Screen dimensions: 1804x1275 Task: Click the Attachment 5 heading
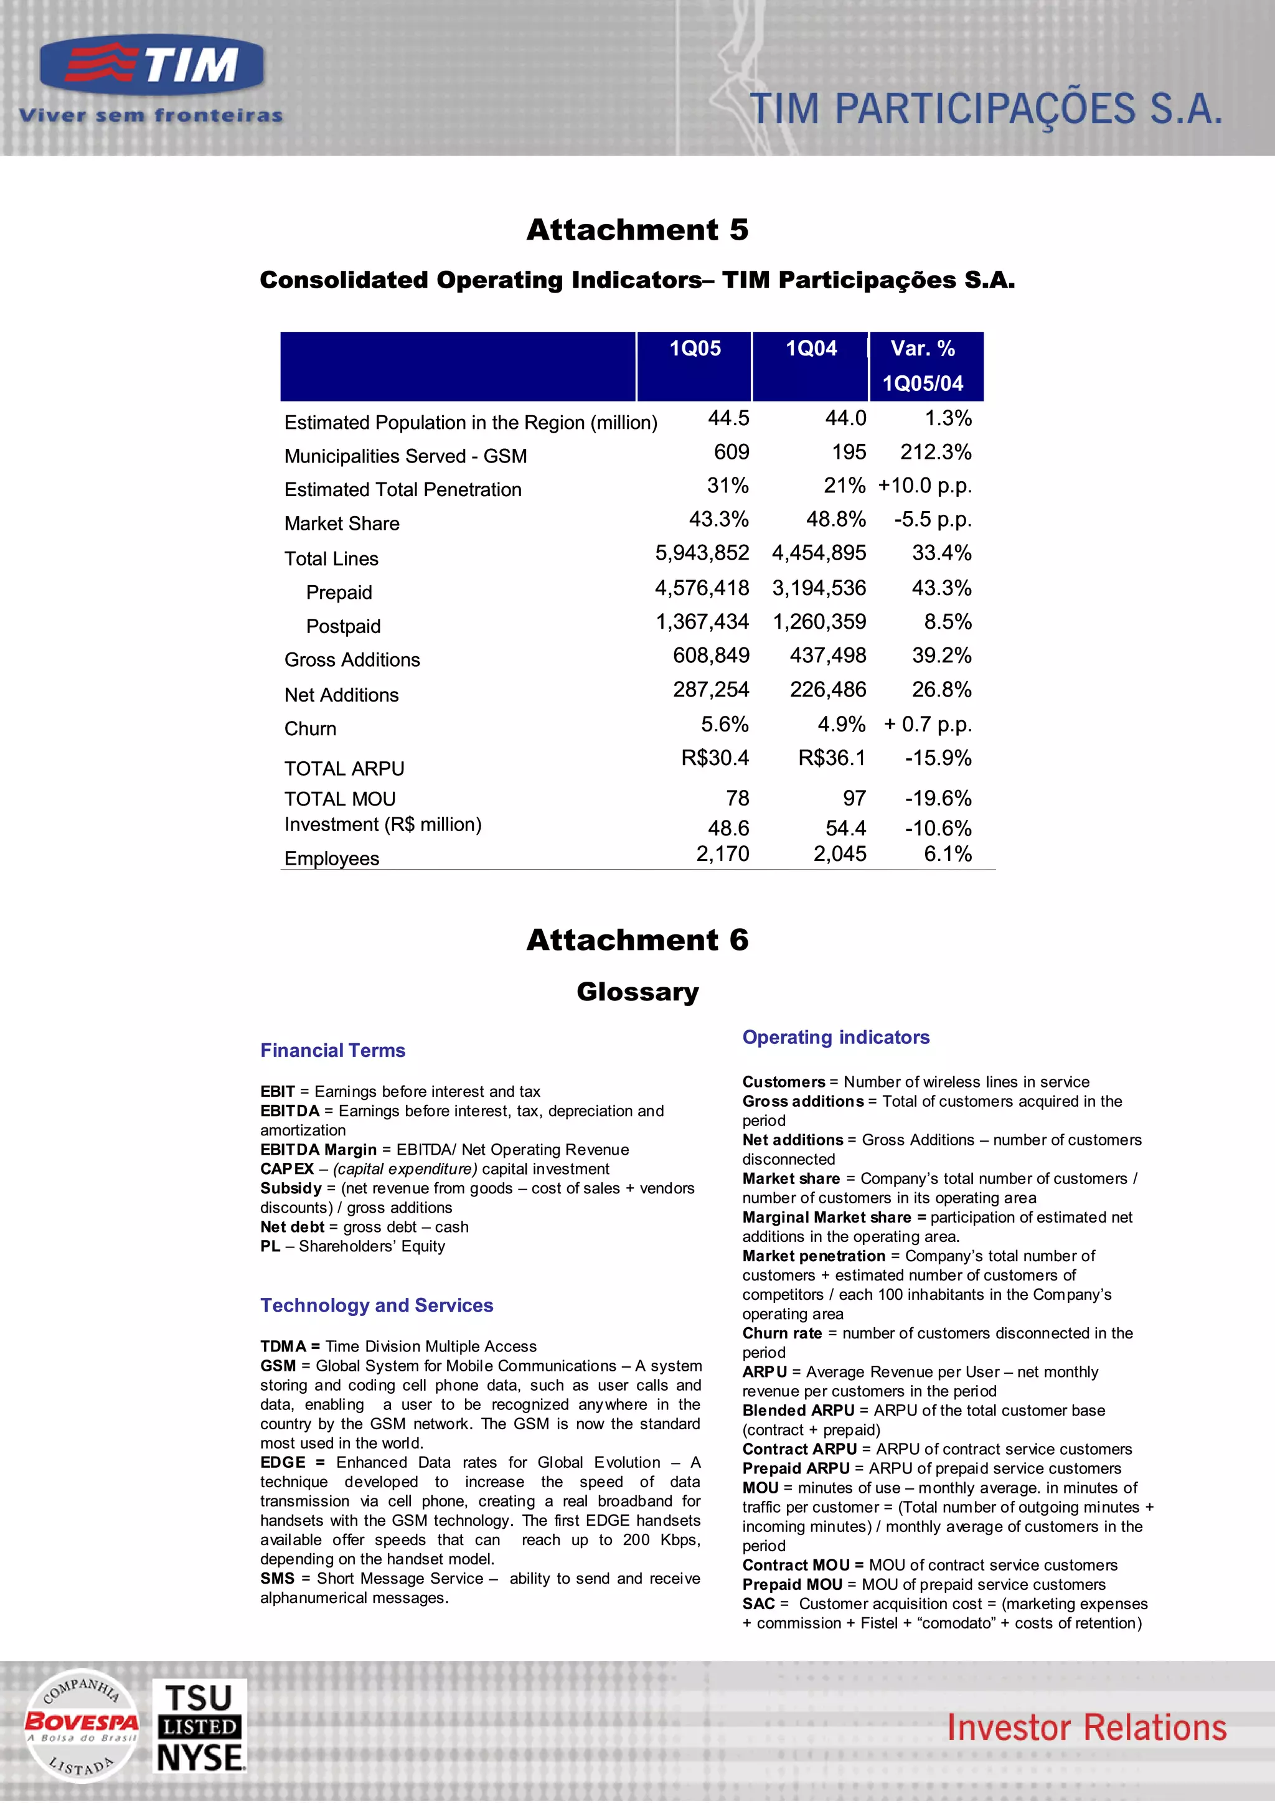(637, 230)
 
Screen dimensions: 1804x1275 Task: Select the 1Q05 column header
(694, 349)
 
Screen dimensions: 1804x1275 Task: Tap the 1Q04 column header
(811, 349)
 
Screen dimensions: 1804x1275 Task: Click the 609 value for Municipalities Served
(731, 452)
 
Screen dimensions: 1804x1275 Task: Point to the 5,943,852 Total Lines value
(702, 553)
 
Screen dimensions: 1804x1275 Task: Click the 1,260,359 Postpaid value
(819, 622)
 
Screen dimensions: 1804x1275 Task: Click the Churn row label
(310, 729)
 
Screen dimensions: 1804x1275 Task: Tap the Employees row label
(332, 859)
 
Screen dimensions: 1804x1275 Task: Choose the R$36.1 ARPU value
(831, 758)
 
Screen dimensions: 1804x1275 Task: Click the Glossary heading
(637, 992)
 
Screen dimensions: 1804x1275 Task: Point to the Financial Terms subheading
(333, 1051)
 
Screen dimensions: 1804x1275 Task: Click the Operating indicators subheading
(836, 1037)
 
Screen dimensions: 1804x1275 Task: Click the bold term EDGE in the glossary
(283, 1462)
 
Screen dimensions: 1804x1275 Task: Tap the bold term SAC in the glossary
(758, 1604)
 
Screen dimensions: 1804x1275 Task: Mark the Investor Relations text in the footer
(1086, 1728)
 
